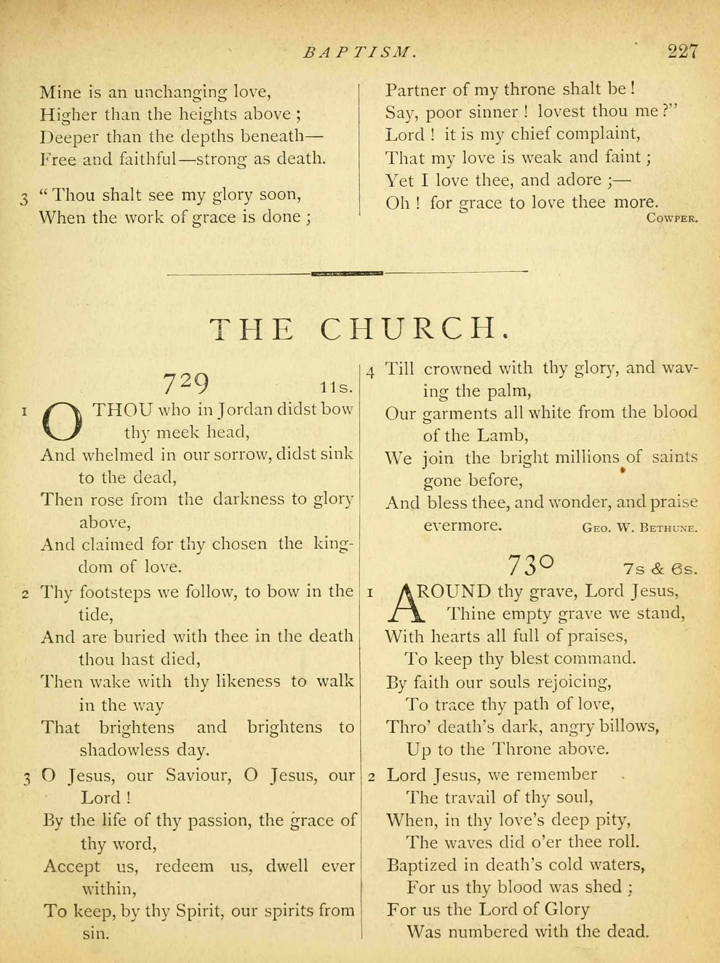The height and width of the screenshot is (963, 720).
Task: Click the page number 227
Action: (x=683, y=52)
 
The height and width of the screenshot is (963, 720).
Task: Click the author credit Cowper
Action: (x=672, y=218)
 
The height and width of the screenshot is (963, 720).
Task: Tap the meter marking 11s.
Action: (x=336, y=387)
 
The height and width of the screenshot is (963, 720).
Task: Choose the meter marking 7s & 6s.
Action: (x=660, y=569)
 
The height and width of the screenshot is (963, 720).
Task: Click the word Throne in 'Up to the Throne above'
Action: (x=521, y=749)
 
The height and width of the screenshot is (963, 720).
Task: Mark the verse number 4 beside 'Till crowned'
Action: (x=371, y=373)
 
